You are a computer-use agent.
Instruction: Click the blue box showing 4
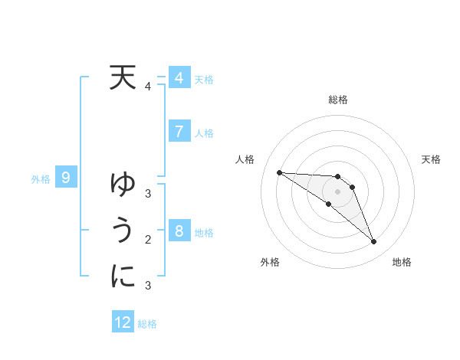pos(179,78)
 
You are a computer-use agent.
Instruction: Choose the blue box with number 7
pos(179,131)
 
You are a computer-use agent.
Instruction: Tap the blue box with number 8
pos(179,231)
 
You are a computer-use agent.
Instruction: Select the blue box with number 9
pos(66,178)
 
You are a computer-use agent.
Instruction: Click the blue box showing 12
pos(123,322)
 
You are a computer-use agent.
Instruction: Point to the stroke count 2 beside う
pos(148,240)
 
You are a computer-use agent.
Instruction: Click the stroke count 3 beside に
pos(148,286)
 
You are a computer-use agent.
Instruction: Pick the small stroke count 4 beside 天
pos(148,87)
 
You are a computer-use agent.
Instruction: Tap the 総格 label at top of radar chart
pos(338,100)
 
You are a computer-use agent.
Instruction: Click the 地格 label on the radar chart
pos(402,262)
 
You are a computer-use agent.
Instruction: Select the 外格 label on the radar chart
pos(269,262)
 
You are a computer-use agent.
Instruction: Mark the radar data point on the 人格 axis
pos(279,172)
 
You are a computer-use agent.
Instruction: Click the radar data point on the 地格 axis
pos(374,242)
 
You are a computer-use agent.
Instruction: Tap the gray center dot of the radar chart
pos(338,191)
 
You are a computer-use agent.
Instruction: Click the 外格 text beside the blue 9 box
pos(41,179)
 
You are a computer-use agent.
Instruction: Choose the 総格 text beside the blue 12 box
pos(147,323)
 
